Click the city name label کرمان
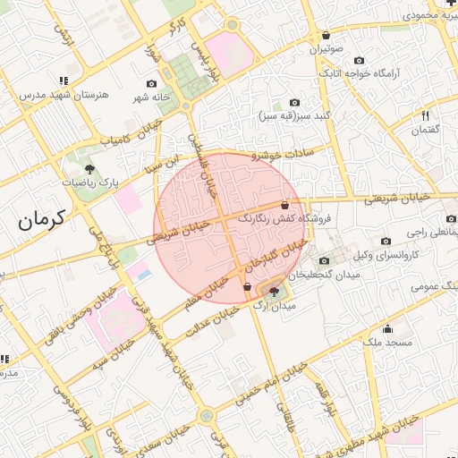[x=42, y=217]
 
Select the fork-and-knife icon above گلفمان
[x=425, y=115]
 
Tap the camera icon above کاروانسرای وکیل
[x=386, y=241]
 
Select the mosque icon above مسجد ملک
[x=387, y=327]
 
